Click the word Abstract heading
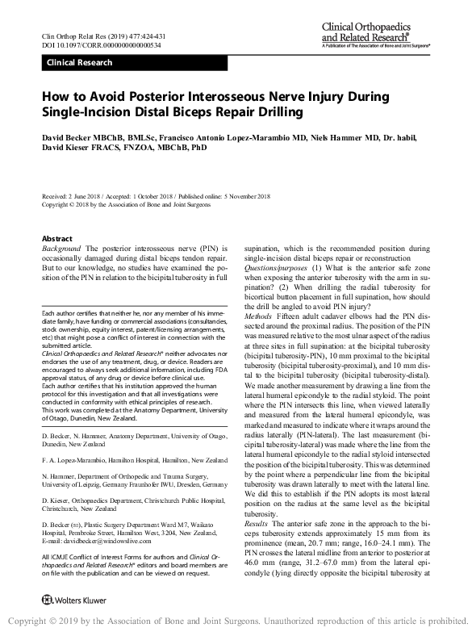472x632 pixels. [x=56, y=239]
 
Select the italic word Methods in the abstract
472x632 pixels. [x=259, y=295]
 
